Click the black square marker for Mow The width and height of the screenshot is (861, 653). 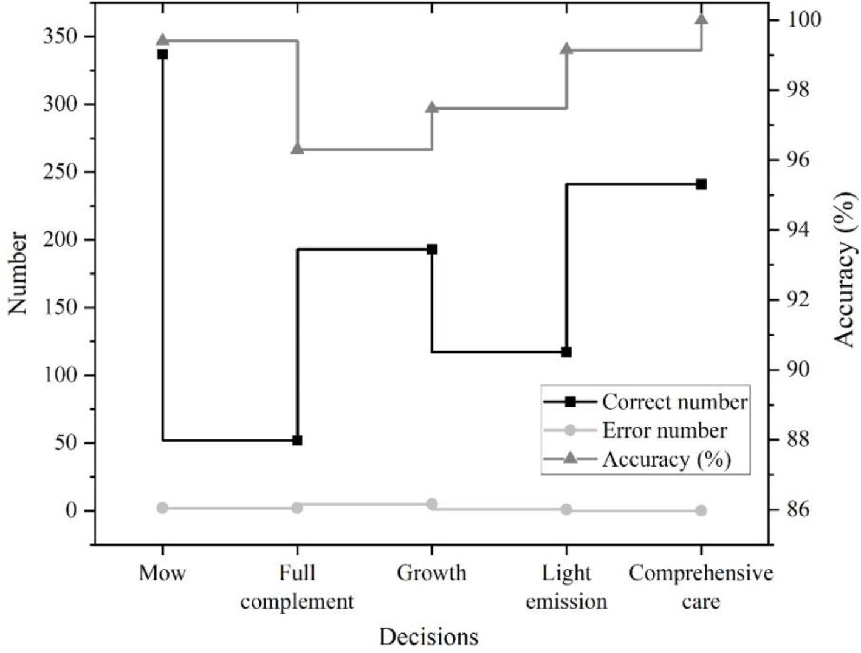coord(162,54)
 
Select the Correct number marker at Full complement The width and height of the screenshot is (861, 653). coord(297,440)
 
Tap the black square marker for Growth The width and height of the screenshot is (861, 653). coord(432,249)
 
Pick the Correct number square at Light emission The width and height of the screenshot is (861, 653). coord(566,352)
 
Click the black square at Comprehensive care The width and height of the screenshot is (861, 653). coord(701,184)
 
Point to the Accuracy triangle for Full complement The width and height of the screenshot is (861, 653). coord(297,149)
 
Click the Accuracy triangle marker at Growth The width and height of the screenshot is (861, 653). coord(432,108)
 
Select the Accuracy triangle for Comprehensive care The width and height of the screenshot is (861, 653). coord(701,19)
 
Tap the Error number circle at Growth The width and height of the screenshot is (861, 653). coord(432,504)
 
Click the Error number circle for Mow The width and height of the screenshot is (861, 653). coord(162,508)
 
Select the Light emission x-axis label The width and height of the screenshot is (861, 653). coord(566,587)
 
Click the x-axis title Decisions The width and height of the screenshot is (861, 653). coord(429,637)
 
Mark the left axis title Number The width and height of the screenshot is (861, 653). coord(18,272)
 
